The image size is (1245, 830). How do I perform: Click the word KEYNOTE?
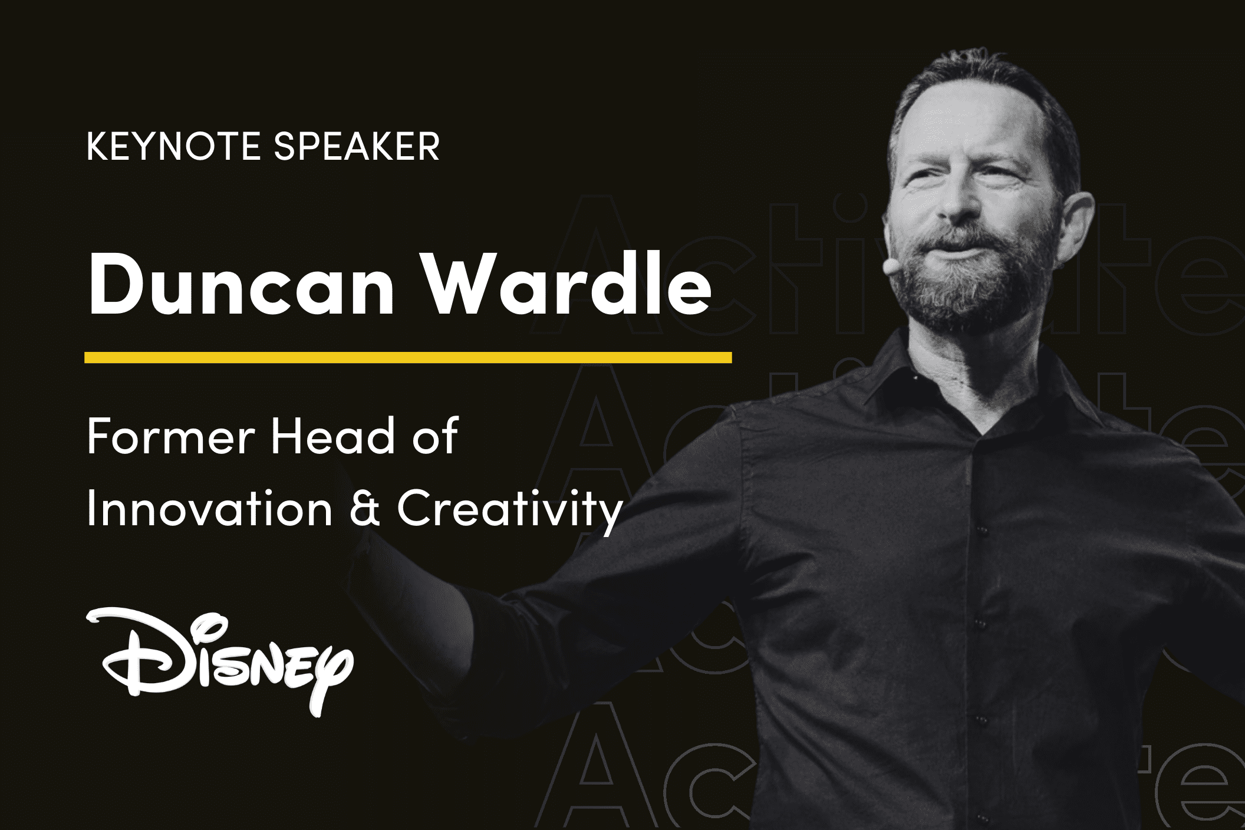click(173, 146)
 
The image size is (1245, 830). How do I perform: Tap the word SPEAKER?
click(357, 146)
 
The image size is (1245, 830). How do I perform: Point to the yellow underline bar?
click(408, 357)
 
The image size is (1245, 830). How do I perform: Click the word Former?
click(171, 436)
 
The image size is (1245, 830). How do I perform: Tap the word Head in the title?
click(332, 436)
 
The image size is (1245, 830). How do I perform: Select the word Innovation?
click(209, 508)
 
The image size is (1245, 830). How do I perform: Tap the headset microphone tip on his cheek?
click(889, 266)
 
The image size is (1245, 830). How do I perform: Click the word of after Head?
click(434, 436)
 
